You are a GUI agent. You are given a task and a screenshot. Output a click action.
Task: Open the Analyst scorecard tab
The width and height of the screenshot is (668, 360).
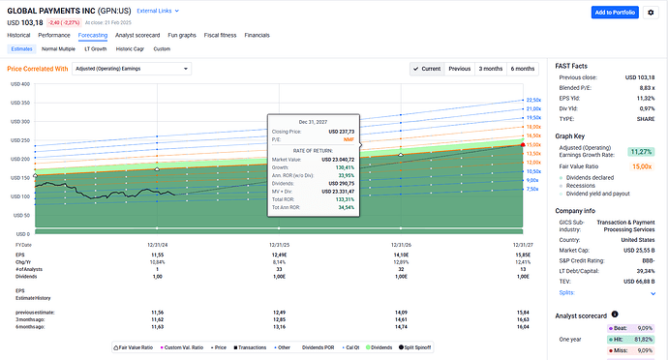coord(137,34)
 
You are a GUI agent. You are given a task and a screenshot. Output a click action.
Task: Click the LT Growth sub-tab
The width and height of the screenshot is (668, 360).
coord(96,47)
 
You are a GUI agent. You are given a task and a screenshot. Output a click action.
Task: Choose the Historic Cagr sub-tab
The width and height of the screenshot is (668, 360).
coord(130,47)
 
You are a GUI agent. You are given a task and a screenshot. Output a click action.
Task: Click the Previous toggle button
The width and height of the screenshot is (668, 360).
coord(460,70)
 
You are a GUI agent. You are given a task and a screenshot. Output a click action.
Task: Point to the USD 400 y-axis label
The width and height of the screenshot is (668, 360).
coord(19,84)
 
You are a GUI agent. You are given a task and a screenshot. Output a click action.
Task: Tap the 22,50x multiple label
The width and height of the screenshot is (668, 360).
coord(533,100)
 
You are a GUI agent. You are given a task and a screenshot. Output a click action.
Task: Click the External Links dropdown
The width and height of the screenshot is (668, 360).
coord(160,10)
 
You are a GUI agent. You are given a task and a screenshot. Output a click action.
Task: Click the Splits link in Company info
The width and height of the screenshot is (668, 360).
coord(566,292)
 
